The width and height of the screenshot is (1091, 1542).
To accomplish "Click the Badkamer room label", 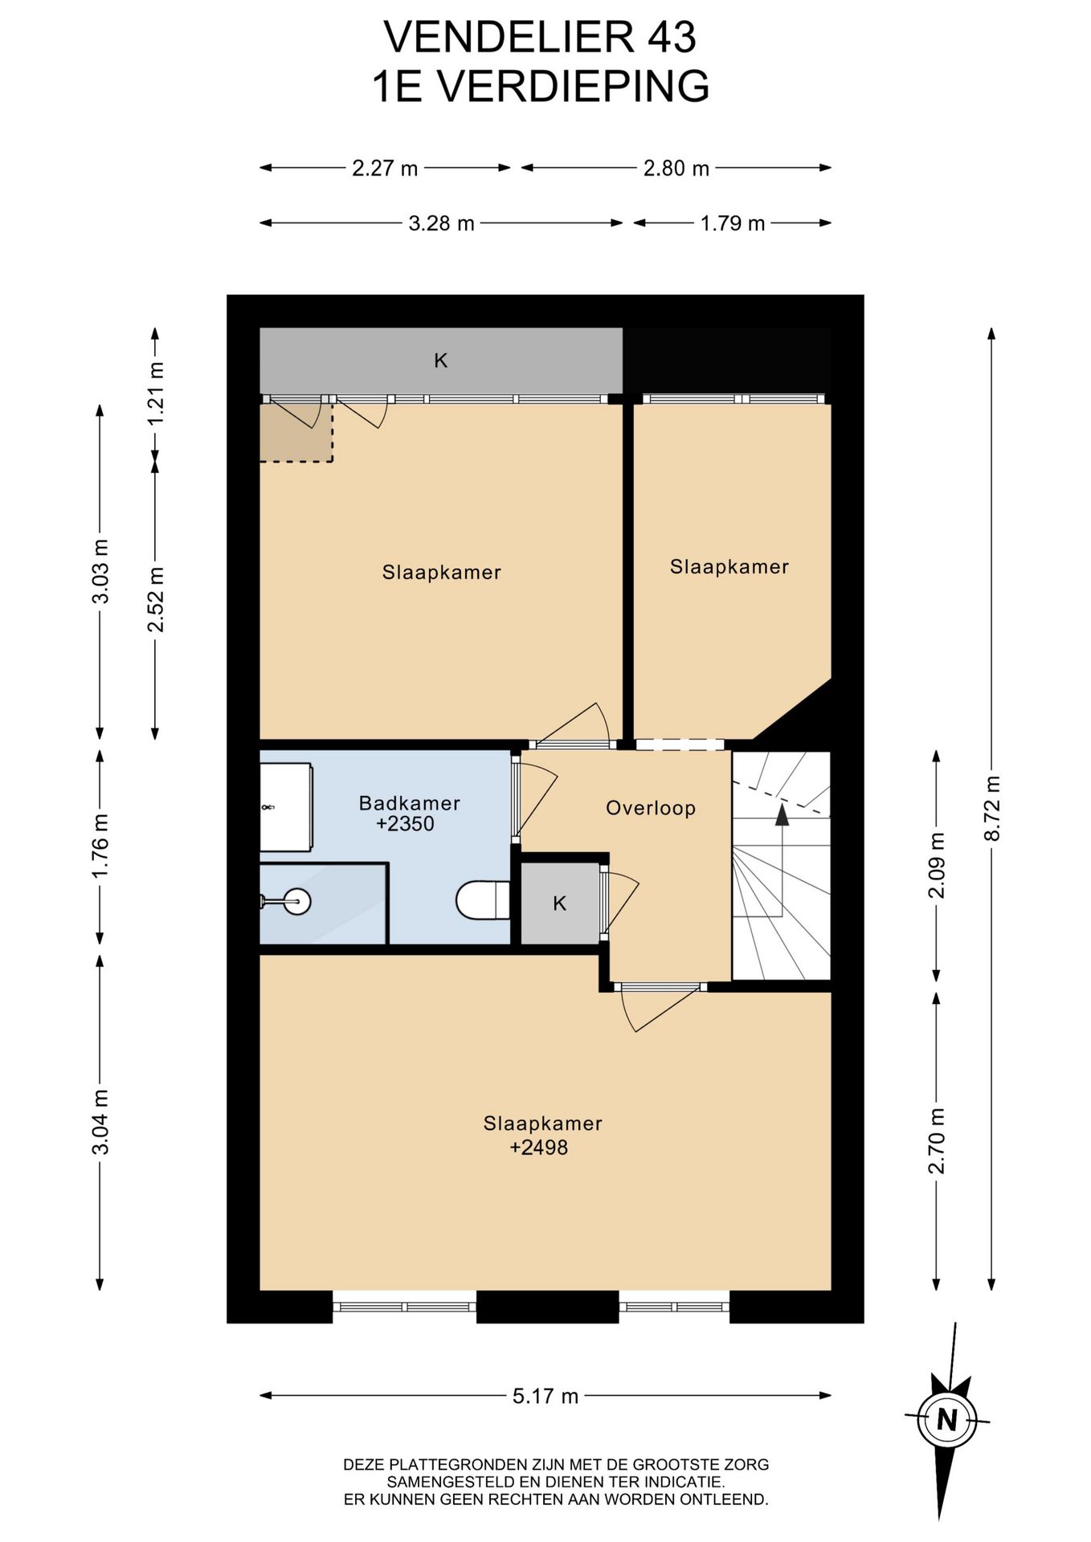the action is pos(409,802).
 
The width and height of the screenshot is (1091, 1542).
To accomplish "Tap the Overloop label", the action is pos(651,808).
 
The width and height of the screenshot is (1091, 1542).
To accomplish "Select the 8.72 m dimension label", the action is pos(992,808).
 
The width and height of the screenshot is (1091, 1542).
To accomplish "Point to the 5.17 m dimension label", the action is pos(545,1396).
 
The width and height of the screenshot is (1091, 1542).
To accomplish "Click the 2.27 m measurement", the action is pos(385,168).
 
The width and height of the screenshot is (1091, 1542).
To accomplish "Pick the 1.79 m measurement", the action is pos(733,223).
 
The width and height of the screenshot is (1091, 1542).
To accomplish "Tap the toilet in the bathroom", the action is pos(483,900).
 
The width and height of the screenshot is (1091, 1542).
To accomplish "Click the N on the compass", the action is pos(948,1420).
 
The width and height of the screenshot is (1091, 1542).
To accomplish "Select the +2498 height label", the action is pos(538,1148).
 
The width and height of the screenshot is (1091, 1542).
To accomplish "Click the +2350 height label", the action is pos(405,824).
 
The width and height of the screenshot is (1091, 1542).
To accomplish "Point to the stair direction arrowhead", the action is pos(782,815).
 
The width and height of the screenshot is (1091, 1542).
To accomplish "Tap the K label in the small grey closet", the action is pos(560,904).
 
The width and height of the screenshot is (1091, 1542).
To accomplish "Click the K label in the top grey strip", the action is pos(441,361).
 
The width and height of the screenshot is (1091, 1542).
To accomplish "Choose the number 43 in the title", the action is pos(672,37).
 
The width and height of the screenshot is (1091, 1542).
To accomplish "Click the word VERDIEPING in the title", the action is pos(574,87).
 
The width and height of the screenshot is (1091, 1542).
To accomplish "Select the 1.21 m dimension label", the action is pos(156,394).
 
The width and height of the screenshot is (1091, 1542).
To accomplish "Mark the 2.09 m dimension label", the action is pos(937,866).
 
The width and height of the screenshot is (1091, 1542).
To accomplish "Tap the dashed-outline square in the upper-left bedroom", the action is pos(296,432).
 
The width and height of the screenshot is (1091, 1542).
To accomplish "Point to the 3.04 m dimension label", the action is pos(100,1122).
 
